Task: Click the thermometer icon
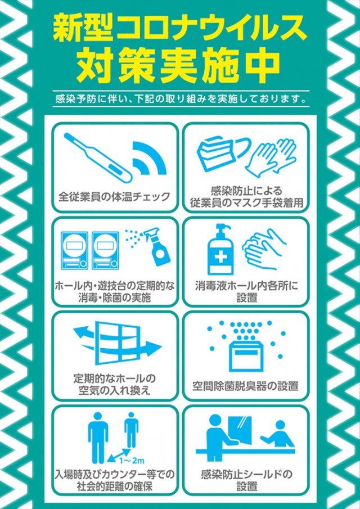[x=96, y=156]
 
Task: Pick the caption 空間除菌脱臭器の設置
[x=245, y=386]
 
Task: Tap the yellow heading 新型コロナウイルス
[x=179, y=26]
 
